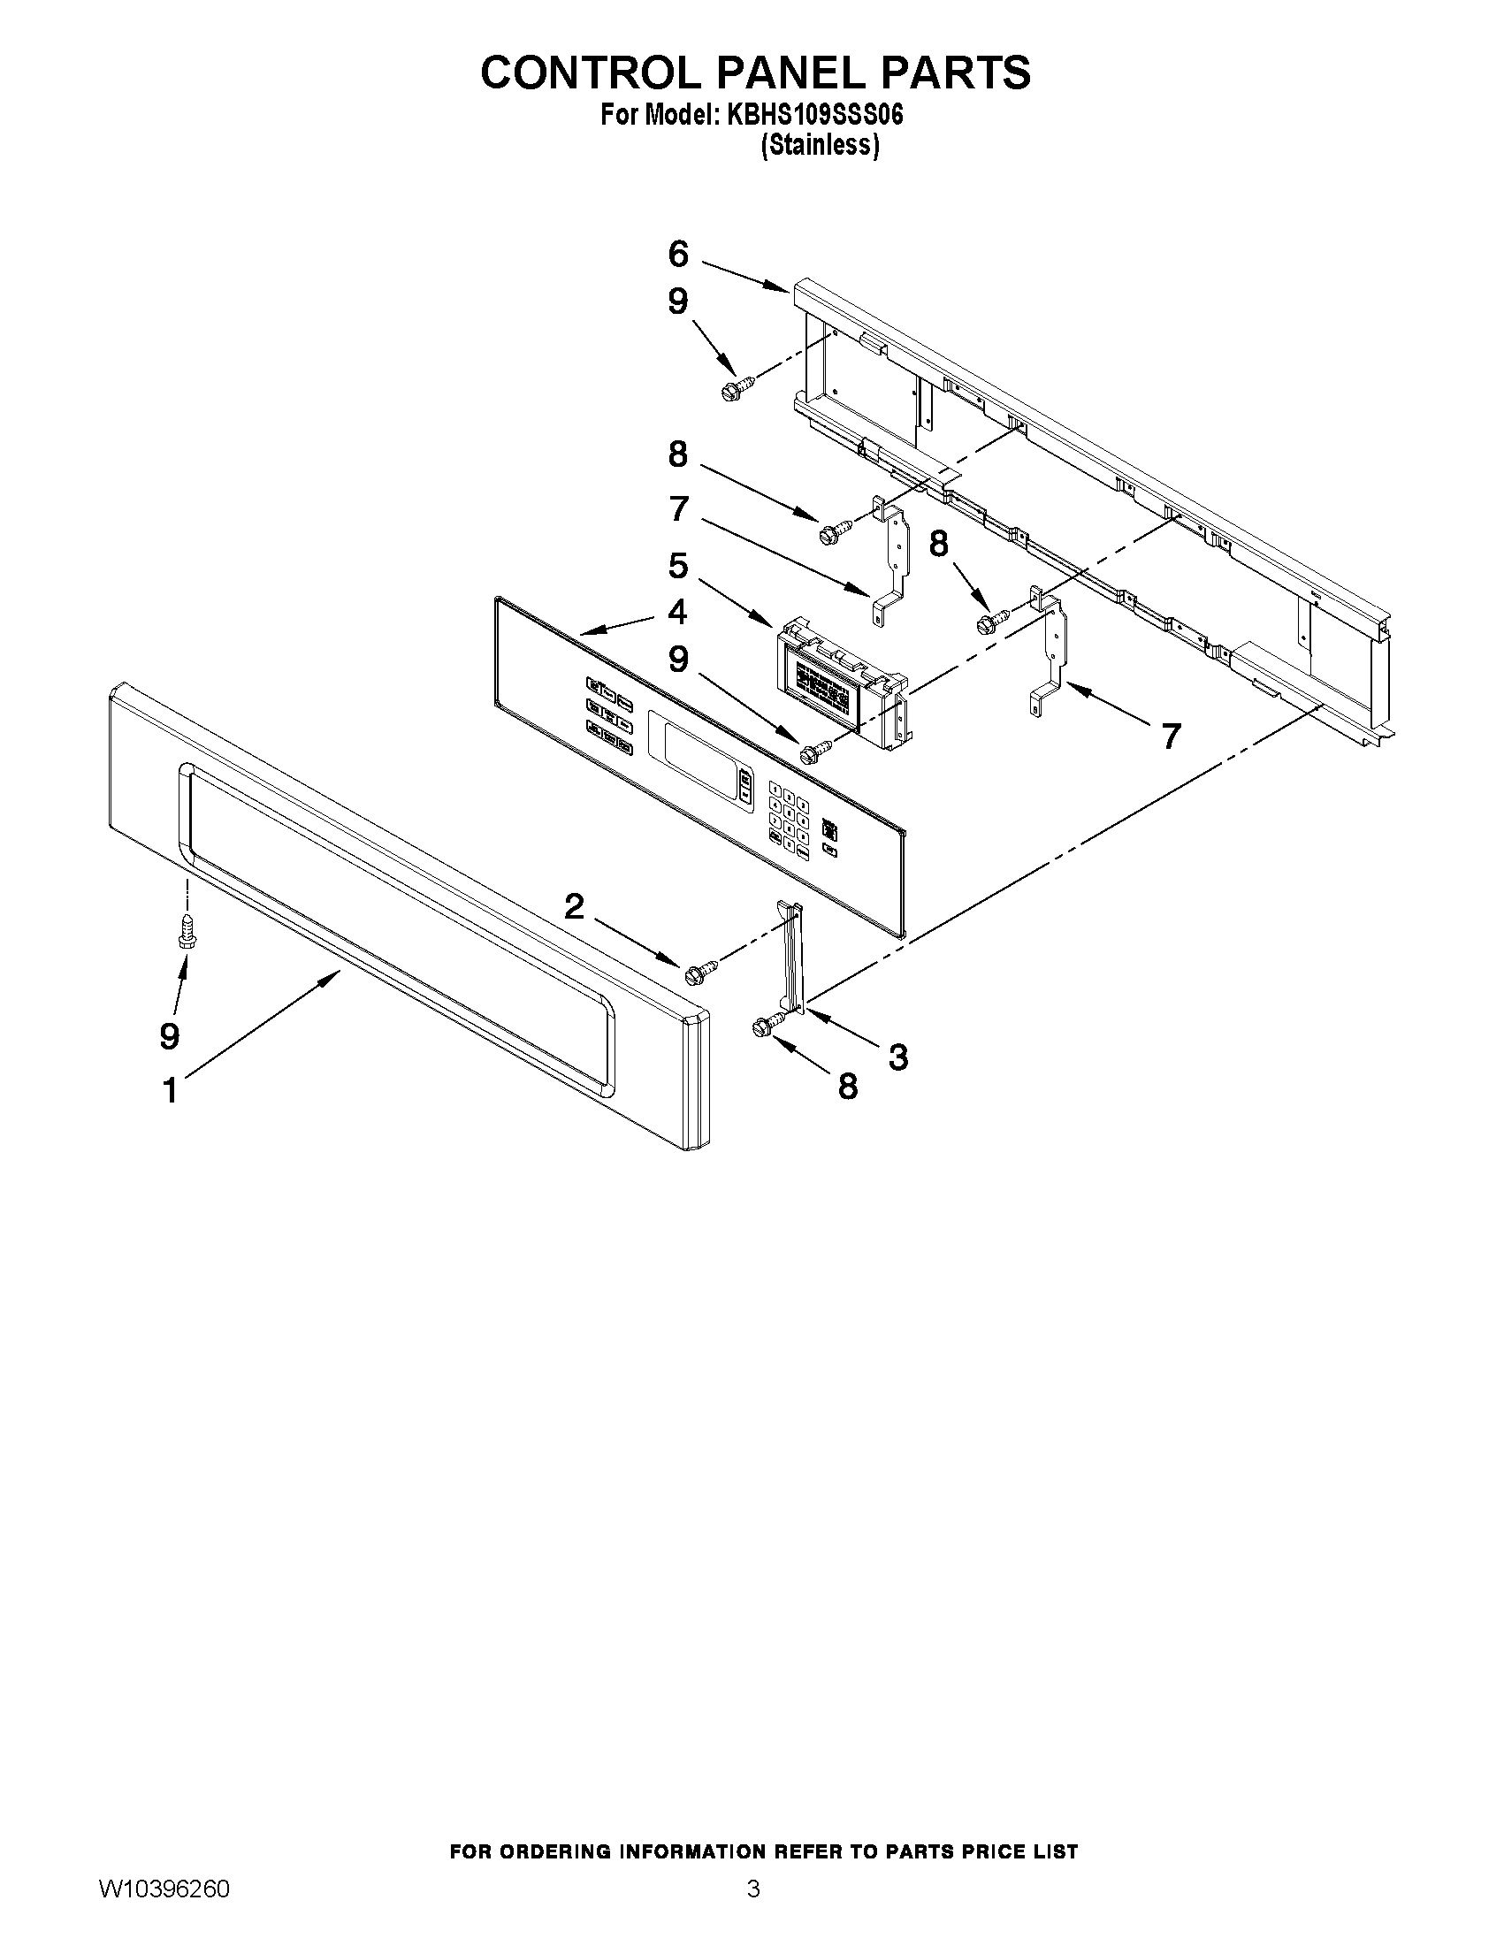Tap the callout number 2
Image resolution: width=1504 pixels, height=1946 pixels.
coord(575,907)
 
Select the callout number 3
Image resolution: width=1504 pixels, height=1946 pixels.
coord(898,1057)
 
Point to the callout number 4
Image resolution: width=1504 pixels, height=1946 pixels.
coord(678,612)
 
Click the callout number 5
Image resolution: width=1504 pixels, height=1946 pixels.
coord(678,566)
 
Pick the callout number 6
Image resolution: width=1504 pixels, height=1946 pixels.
coord(678,255)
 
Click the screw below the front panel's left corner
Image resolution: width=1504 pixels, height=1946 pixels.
coord(187,929)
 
